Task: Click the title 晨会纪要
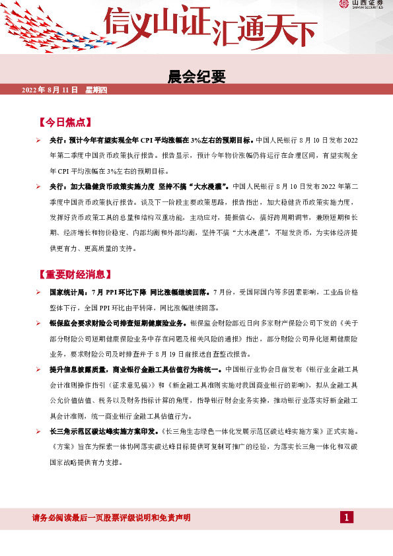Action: pyautogui.click(x=197, y=77)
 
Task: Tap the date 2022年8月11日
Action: pyautogui.click(x=50, y=89)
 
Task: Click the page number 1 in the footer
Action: pyautogui.click(x=347, y=517)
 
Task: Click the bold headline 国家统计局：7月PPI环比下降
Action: pyautogui.click(x=129, y=291)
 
